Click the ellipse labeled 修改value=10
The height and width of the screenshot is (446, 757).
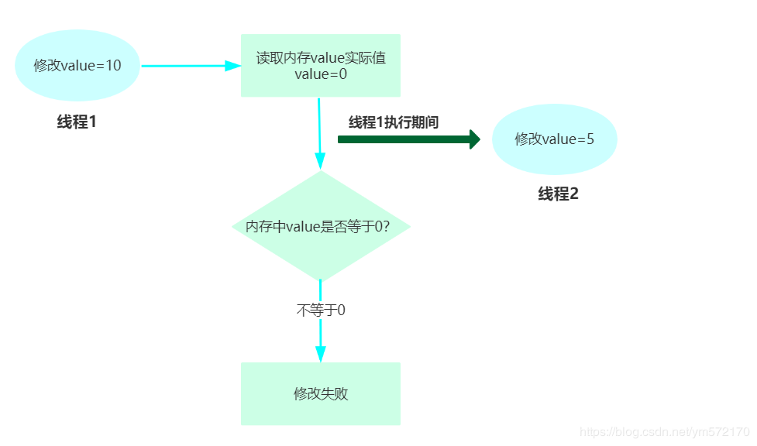click(x=77, y=66)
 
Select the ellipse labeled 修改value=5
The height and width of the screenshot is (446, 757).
click(x=554, y=139)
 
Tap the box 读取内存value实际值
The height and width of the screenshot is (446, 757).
click(x=320, y=65)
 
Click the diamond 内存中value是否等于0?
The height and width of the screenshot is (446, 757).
click(x=320, y=227)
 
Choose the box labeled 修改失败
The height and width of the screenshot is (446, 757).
click(x=320, y=393)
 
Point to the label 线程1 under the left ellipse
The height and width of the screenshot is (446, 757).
click(x=77, y=122)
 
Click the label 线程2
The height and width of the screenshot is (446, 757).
click(x=558, y=194)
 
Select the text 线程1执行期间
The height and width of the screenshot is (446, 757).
click(x=394, y=122)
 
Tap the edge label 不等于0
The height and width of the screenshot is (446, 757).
click(x=320, y=310)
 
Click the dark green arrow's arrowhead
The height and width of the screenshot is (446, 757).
click(x=475, y=139)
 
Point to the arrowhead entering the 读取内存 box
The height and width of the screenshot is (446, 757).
click(x=233, y=66)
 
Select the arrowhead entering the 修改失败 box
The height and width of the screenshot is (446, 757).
click(x=320, y=353)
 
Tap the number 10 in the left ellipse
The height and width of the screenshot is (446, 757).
click(x=112, y=66)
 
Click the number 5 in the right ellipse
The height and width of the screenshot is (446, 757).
click(x=590, y=139)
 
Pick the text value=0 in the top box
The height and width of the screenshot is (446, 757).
click(x=320, y=75)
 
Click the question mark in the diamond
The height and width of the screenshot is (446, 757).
click(x=385, y=227)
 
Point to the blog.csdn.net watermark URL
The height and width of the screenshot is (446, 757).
click(x=664, y=431)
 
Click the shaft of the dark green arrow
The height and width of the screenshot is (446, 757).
click(x=403, y=139)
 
